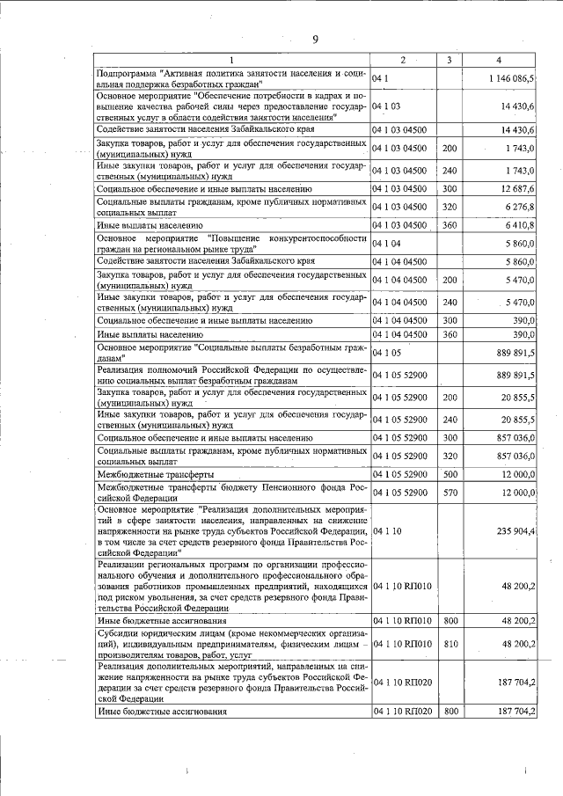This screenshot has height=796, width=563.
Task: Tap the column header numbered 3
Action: point(449,60)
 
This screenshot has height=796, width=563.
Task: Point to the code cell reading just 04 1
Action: point(380,79)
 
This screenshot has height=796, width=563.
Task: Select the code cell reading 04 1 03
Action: point(386,106)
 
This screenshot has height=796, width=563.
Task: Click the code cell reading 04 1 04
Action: point(386,243)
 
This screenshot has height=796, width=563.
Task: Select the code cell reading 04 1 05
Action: point(386,353)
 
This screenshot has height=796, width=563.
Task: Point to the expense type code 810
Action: point(449,644)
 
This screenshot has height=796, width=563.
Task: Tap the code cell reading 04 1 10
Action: point(386,531)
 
